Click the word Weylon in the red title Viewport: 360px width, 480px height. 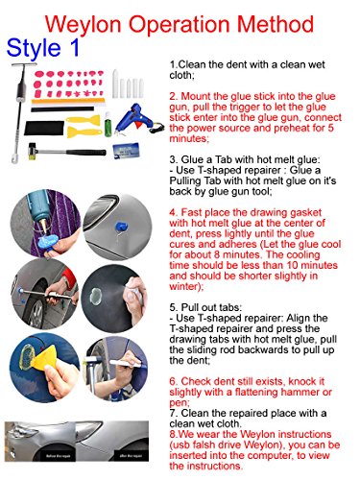(84, 25)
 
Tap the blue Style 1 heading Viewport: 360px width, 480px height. (43, 48)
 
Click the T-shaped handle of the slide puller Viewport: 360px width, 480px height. (24, 65)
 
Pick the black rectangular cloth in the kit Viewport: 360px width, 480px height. (44, 128)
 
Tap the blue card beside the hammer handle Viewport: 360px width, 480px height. (126, 151)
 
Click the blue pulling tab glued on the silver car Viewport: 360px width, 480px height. (121, 228)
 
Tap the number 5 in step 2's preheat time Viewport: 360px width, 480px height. (331, 128)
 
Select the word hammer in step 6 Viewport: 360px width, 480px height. (295, 392)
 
